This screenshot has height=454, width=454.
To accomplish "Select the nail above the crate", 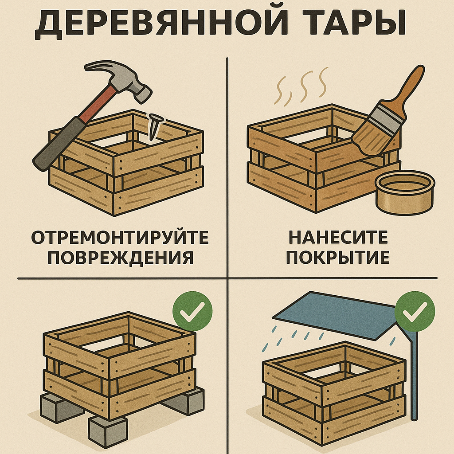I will (154, 126).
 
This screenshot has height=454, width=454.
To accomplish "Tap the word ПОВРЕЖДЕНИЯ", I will (120, 258).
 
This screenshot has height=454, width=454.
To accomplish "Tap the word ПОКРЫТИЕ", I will (338, 258).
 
